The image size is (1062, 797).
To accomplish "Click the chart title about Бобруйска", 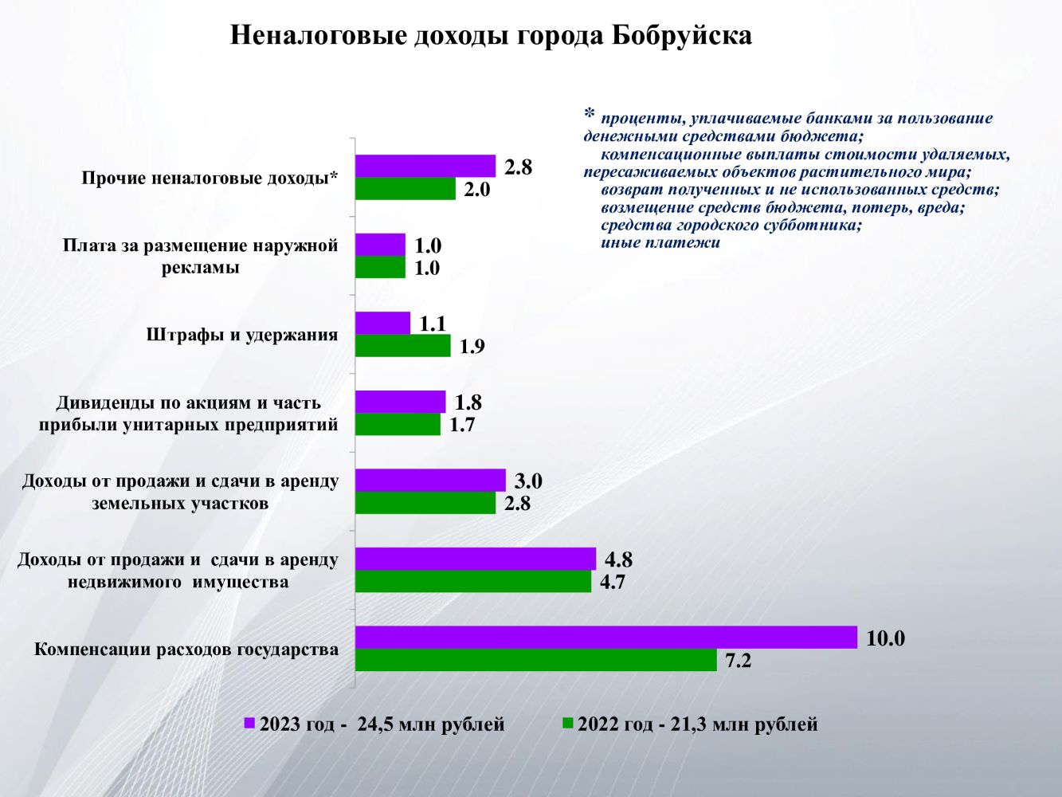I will (491, 36).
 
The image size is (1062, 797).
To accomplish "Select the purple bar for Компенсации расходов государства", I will (605, 638).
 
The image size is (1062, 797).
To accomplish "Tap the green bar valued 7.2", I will (535, 660).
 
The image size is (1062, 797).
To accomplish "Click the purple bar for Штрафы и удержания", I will (382, 323).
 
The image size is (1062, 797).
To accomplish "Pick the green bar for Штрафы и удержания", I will (402, 346).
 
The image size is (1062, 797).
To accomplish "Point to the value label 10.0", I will (886, 638).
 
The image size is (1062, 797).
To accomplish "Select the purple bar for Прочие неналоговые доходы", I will (425, 166).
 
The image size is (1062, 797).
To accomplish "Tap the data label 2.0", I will (476, 190).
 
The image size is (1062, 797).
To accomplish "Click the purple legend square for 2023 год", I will (249, 724).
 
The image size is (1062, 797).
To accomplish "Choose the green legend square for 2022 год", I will (567, 724).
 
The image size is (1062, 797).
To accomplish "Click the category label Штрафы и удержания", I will (242, 335).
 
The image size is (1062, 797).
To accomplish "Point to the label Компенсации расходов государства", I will (186, 650).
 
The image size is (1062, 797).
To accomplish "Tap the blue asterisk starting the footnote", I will (590, 114).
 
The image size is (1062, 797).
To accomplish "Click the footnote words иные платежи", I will (660, 243).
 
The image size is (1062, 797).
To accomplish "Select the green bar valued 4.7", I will (472, 582).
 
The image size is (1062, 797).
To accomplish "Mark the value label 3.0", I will (527, 481).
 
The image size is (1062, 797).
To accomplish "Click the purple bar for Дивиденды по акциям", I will (400, 402).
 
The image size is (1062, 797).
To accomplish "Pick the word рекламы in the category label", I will (200, 268).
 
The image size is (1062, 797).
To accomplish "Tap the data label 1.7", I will (462, 425).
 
